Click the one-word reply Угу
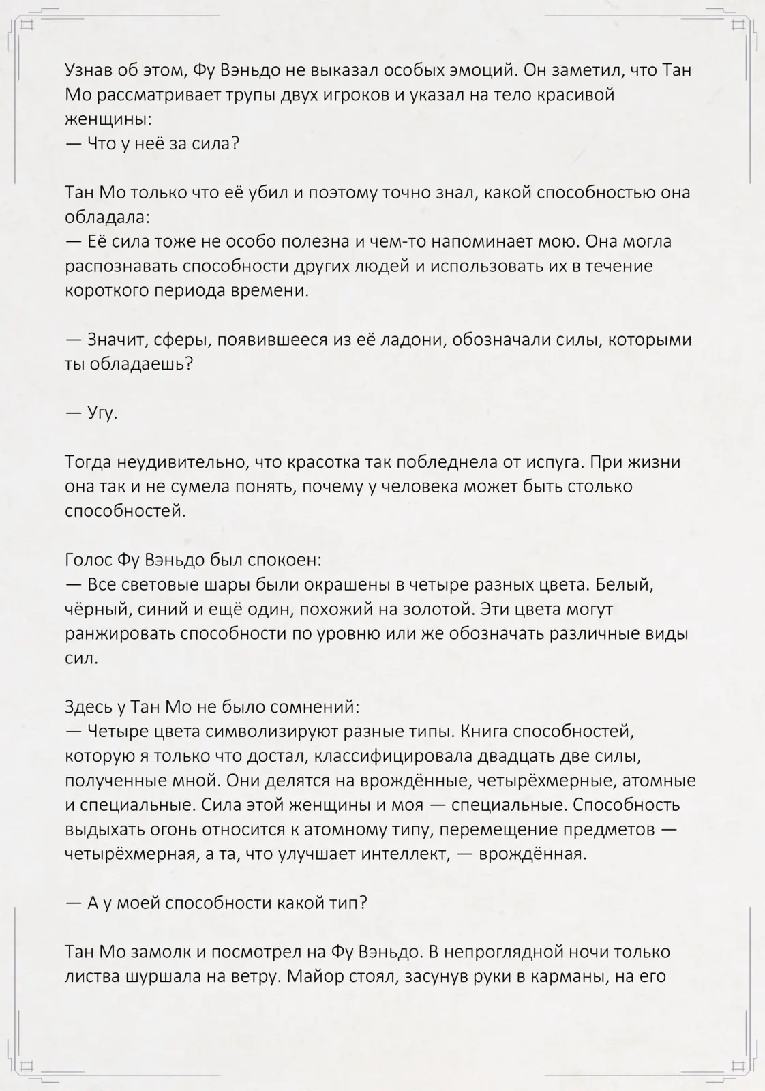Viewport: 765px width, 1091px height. pos(103,413)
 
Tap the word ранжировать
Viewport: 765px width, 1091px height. pos(120,634)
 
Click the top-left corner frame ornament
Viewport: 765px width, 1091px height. pos(27,26)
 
